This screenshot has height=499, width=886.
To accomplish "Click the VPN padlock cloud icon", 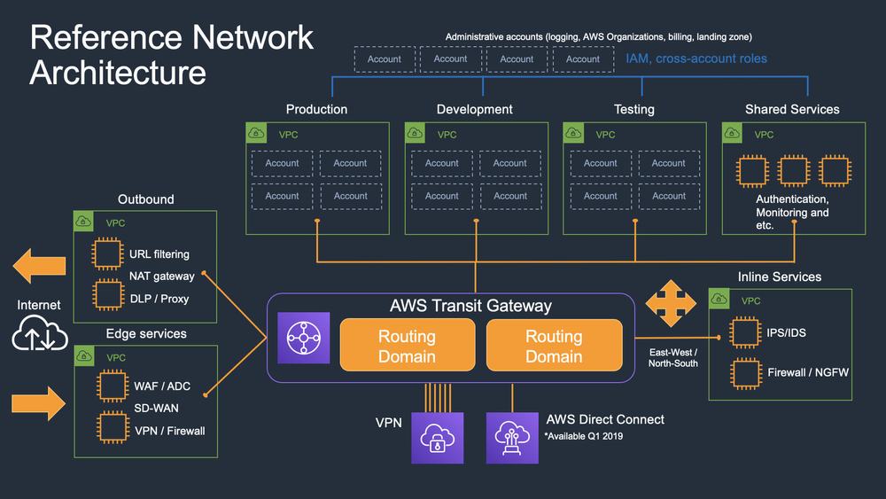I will point(438,437).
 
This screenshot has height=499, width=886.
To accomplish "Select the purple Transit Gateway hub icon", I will point(303,339).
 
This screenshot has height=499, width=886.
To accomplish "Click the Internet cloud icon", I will point(38,336).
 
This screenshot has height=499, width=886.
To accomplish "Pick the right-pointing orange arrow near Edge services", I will point(38,403).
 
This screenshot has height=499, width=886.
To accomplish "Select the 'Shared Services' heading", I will point(792,109).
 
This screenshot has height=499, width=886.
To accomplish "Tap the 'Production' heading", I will point(316,109).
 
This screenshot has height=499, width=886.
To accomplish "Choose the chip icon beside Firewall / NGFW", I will point(744,372).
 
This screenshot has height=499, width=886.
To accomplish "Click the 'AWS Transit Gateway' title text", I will point(470,306).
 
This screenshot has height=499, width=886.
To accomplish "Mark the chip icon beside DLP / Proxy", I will point(109,293).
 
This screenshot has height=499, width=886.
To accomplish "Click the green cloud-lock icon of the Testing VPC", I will point(573,133).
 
